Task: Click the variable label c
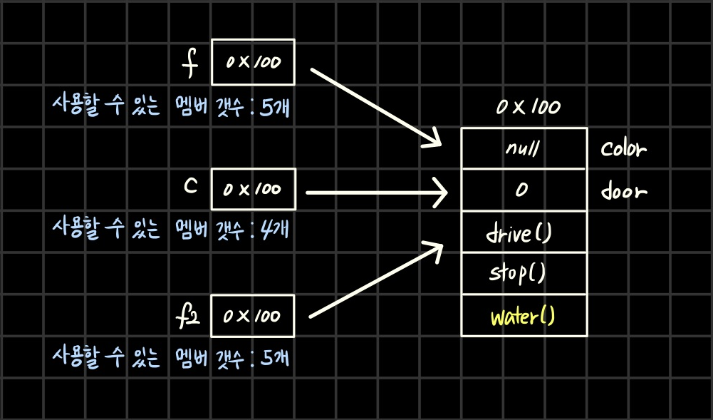point(190,186)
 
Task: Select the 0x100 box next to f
point(253,62)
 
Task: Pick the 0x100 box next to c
point(253,190)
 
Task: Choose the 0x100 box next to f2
point(253,315)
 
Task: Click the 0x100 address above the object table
point(528,108)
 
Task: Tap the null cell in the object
point(524,149)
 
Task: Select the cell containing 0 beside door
point(524,190)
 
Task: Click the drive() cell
point(524,232)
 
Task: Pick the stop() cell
point(524,273)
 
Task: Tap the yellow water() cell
point(524,315)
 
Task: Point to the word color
point(623,150)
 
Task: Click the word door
point(623,191)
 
